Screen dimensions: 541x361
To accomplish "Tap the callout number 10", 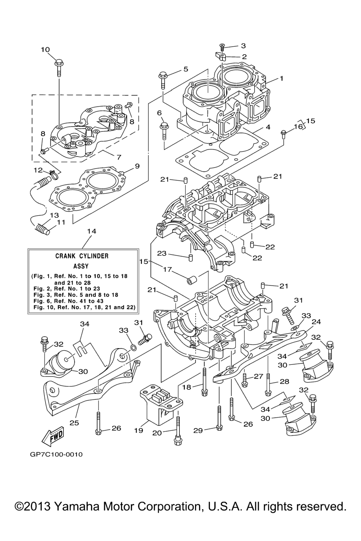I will (x=45, y=50).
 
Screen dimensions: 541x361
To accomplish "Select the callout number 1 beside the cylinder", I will (x=282, y=79).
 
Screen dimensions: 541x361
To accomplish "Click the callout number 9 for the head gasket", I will (x=137, y=166).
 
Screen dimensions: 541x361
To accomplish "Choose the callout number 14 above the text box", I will (x=92, y=231).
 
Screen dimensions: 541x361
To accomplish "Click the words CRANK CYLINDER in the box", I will (x=82, y=256).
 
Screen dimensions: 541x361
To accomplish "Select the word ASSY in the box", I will (x=81, y=266).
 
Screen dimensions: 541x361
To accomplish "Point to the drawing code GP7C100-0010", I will (x=56, y=454).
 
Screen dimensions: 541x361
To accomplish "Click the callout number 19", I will (x=139, y=430).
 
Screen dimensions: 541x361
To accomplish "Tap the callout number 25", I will (x=74, y=423).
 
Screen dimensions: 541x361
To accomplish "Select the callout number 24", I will (x=316, y=322).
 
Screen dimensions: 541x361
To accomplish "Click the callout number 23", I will (x=162, y=253).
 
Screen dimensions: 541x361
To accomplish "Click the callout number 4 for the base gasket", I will (x=268, y=127).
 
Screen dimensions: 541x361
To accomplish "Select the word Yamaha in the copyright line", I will (x=77, y=506).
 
